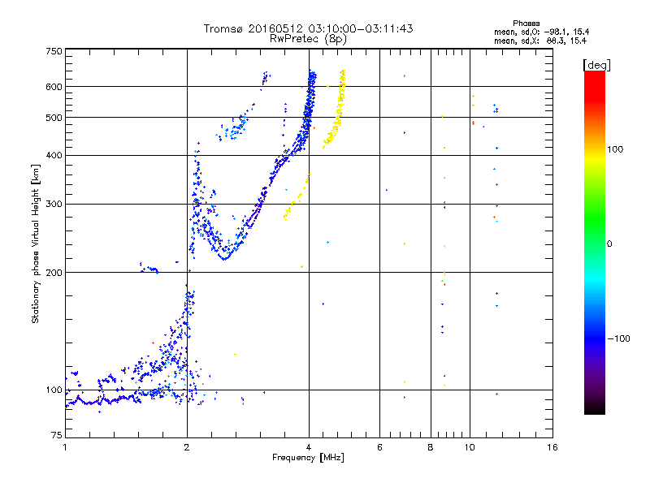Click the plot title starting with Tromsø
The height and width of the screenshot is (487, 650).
point(308,28)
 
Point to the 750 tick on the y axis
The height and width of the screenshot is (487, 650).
point(54,51)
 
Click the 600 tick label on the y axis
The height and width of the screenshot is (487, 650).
point(54,87)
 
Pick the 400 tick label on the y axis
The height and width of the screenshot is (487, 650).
point(54,155)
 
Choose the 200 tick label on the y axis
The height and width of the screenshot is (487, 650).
point(54,272)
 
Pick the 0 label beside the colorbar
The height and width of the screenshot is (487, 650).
point(610,243)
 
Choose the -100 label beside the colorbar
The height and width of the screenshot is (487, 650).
point(617,338)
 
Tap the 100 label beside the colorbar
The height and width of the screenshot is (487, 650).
point(615,149)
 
